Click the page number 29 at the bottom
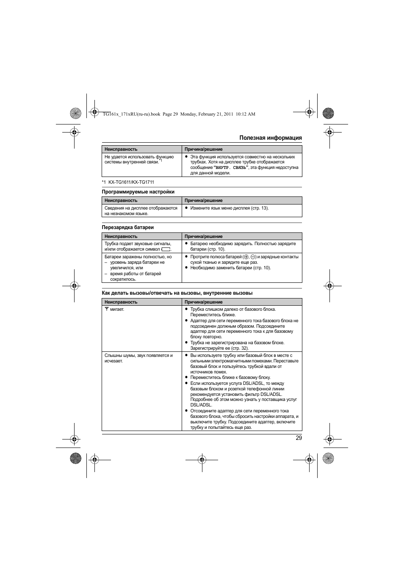(x=299, y=438)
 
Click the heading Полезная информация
(x=270, y=138)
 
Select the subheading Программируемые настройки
(x=138, y=192)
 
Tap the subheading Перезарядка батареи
(x=127, y=227)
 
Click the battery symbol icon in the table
(x=166, y=249)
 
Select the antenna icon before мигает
(x=107, y=309)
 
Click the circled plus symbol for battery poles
(x=246, y=257)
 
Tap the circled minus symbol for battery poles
(x=253, y=257)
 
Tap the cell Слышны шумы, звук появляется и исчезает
(x=138, y=358)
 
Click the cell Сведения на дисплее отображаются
(x=141, y=208)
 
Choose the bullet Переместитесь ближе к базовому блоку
(x=230, y=377)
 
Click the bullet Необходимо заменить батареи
(x=230, y=268)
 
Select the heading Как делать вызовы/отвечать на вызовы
(x=177, y=293)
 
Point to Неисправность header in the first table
(x=121, y=149)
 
